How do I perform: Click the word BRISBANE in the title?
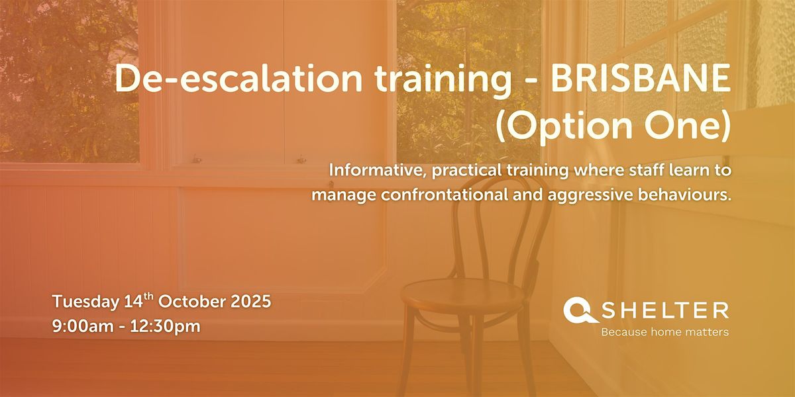coord(640,79)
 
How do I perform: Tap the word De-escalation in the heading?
coord(238,79)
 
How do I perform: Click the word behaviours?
coord(684,195)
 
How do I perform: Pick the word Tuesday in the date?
coord(85,302)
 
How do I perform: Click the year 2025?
coord(251,302)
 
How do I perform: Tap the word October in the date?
coord(192,302)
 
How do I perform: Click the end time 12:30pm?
coord(165,327)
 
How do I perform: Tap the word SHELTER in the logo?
coord(665,310)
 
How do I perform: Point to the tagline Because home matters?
coord(664,332)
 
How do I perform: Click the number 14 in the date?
coord(133,302)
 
